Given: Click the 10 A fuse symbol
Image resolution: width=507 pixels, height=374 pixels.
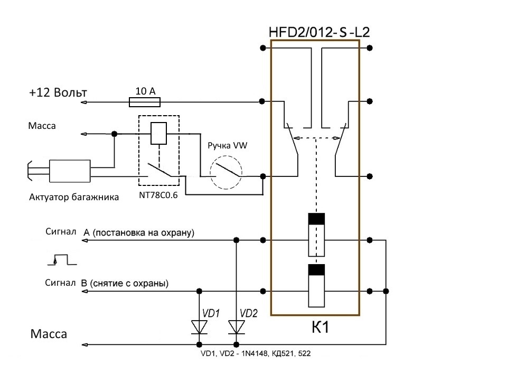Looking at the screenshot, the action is pyautogui.click(x=145, y=102).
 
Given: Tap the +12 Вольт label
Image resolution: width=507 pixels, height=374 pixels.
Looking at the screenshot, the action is pyautogui.click(x=58, y=92).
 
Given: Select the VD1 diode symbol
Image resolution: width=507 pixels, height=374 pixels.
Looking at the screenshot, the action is pyautogui.click(x=199, y=327).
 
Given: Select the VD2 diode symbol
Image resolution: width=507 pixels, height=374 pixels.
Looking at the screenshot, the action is pyautogui.click(x=237, y=327).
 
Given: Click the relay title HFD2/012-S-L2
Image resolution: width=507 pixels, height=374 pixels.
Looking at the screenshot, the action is pyautogui.click(x=319, y=32).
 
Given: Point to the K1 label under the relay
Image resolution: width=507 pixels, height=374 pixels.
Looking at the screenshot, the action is pyautogui.click(x=321, y=327).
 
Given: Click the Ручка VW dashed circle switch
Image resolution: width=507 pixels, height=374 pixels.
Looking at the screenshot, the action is pyautogui.click(x=226, y=172).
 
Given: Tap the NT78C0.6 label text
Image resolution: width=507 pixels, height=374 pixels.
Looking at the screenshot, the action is pyautogui.click(x=158, y=195).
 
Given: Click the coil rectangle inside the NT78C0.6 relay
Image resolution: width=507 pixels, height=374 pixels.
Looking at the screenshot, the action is pyautogui.click(x=159, y=133).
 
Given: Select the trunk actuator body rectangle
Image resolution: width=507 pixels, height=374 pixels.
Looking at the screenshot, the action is pyautogui.click(x=70, y=171).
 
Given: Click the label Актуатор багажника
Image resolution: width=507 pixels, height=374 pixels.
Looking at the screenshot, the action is pyautogui.click(x=74, y=197).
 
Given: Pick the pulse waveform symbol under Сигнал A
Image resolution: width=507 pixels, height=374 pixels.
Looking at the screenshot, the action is pyautogui.click(x=62, y=259).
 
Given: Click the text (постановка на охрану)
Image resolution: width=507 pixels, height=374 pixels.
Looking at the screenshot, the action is pyautogui.click(x=144, y=233).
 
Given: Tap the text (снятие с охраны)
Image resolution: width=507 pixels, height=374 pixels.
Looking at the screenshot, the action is pyautogui.click(x=129, y=284).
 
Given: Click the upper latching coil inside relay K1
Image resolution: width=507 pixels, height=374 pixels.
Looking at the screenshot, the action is pyautogui.click(x=316, y=235).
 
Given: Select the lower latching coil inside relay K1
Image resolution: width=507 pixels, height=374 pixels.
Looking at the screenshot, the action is pyautogui.click(x=316, y=286).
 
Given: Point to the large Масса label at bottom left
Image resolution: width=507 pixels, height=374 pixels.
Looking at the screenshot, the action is pyautogui.click(x=49, y=333).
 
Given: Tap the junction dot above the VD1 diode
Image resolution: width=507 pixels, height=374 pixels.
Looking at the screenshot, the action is pyautogui.click(x=199, y=291).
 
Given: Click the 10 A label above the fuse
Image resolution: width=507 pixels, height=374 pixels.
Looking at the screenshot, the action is pyautogui.click(x=146, y=91).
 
